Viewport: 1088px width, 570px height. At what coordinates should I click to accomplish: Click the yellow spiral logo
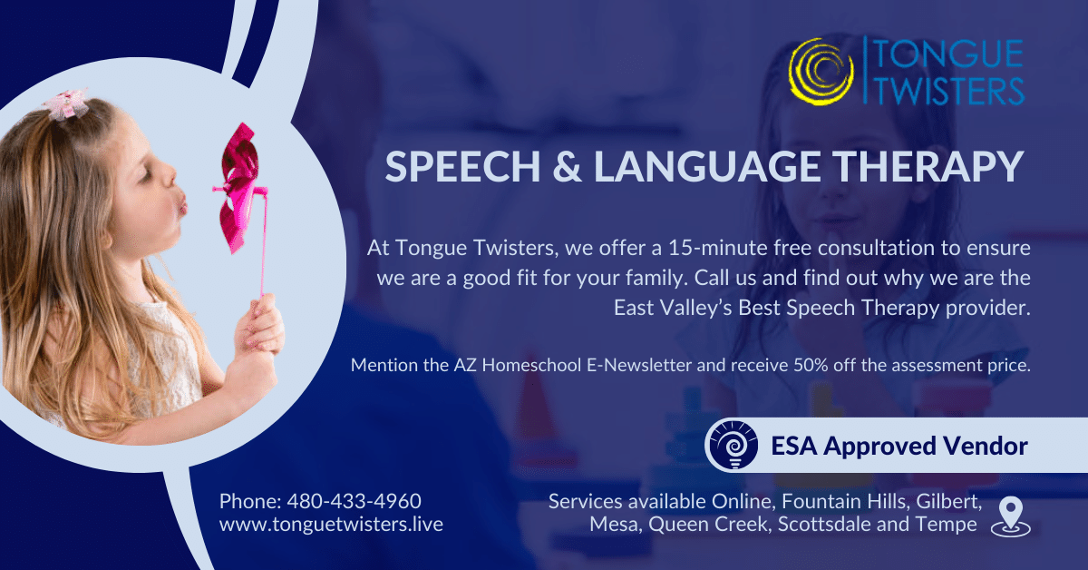pyautogui.click(x=821, y=71)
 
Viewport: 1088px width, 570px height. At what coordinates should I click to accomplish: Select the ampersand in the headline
pyautogui.click(x=567, y=167)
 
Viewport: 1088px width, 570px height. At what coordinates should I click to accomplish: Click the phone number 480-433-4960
pyautogui.click(x=355, y=501)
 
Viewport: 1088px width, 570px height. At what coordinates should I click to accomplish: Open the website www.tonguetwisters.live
pyautogui.click(x=331, y=525)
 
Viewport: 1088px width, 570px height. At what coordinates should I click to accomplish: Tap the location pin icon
pyautogui.click(x=1011, y=517)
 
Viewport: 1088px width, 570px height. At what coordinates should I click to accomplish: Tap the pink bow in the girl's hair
pyautogui.click(x=65, y=104)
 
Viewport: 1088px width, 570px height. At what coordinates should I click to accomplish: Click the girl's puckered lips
pyautogui.click(x=181, y=203)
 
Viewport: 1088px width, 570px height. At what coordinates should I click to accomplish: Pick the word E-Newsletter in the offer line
pyautogui.click(x=639, y=365)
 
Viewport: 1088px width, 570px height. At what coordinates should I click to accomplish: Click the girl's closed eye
pyautogui.click(x=147, y=179)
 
